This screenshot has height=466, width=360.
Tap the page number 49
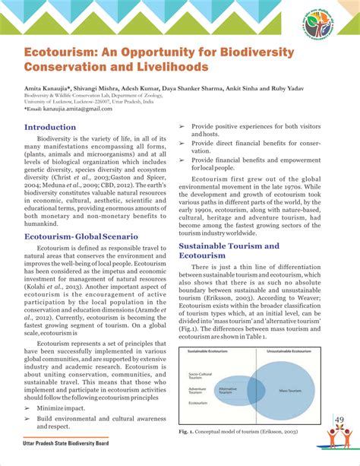(x=339, y=420)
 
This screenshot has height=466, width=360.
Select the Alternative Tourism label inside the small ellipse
(x=228, y=389)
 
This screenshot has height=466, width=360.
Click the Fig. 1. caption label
(x=187, y=432)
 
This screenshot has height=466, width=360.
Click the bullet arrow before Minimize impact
(x=28, y=408)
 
